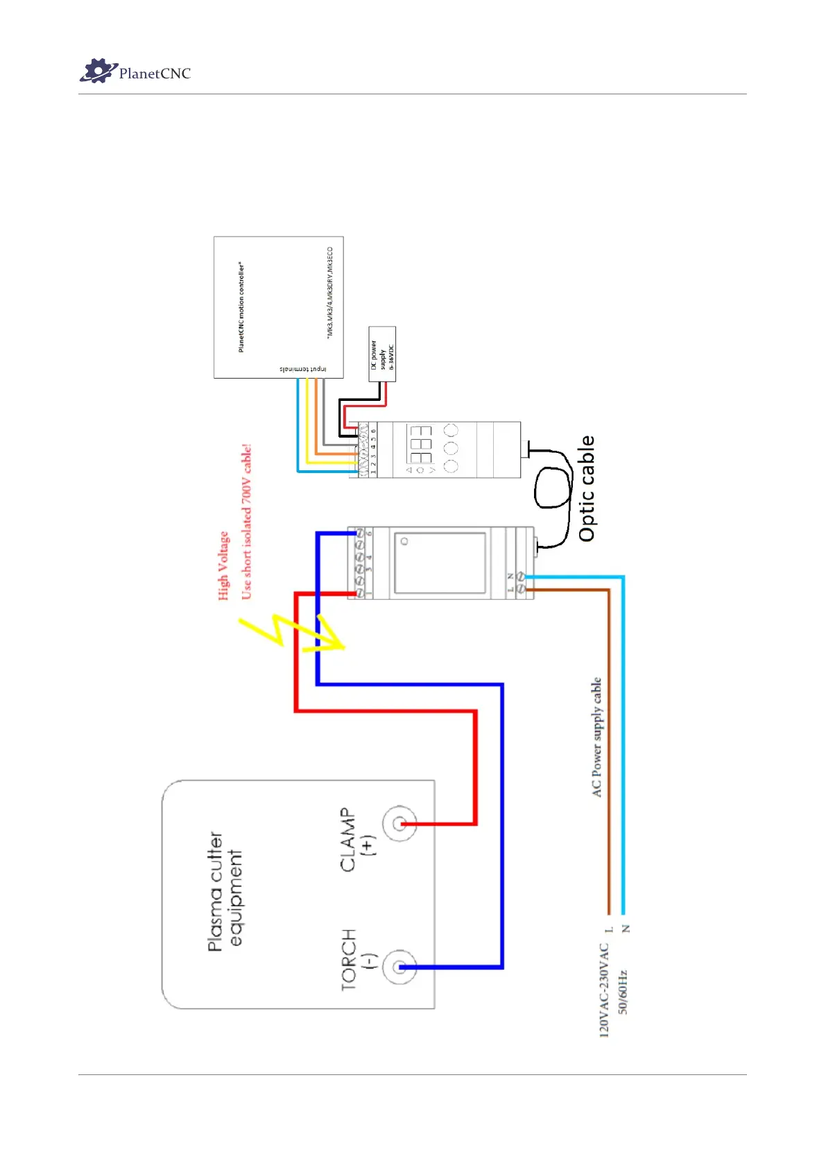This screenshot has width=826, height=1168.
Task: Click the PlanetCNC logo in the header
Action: coord(135,71)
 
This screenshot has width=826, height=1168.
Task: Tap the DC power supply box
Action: coord(382,354)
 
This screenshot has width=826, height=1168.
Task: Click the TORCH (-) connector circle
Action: coord(399,967)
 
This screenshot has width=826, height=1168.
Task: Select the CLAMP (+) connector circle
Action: coord(399,824)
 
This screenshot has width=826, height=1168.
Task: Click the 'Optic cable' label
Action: coord(587,488)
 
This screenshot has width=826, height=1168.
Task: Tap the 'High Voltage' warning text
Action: coord(223,565)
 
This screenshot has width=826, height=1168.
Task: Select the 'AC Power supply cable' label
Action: coord(596,737)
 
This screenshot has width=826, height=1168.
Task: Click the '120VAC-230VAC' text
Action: coord(604,990)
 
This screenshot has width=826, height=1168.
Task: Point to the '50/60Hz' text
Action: coord(623,992)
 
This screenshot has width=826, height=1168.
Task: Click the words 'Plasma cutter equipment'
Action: coord(225,891)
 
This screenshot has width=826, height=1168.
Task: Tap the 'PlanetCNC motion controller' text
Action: coord(241,307)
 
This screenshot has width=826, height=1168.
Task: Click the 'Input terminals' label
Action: coord(302,369)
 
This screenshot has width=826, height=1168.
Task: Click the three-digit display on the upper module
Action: coord(421,445)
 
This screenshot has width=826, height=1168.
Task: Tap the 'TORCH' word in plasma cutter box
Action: coord(349,960)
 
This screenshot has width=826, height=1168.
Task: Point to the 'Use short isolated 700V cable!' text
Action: coord(246,522)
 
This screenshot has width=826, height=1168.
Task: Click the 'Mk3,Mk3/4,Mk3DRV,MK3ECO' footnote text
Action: coord(330,292)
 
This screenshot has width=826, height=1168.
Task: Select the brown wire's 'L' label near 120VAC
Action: coord(609,929)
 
